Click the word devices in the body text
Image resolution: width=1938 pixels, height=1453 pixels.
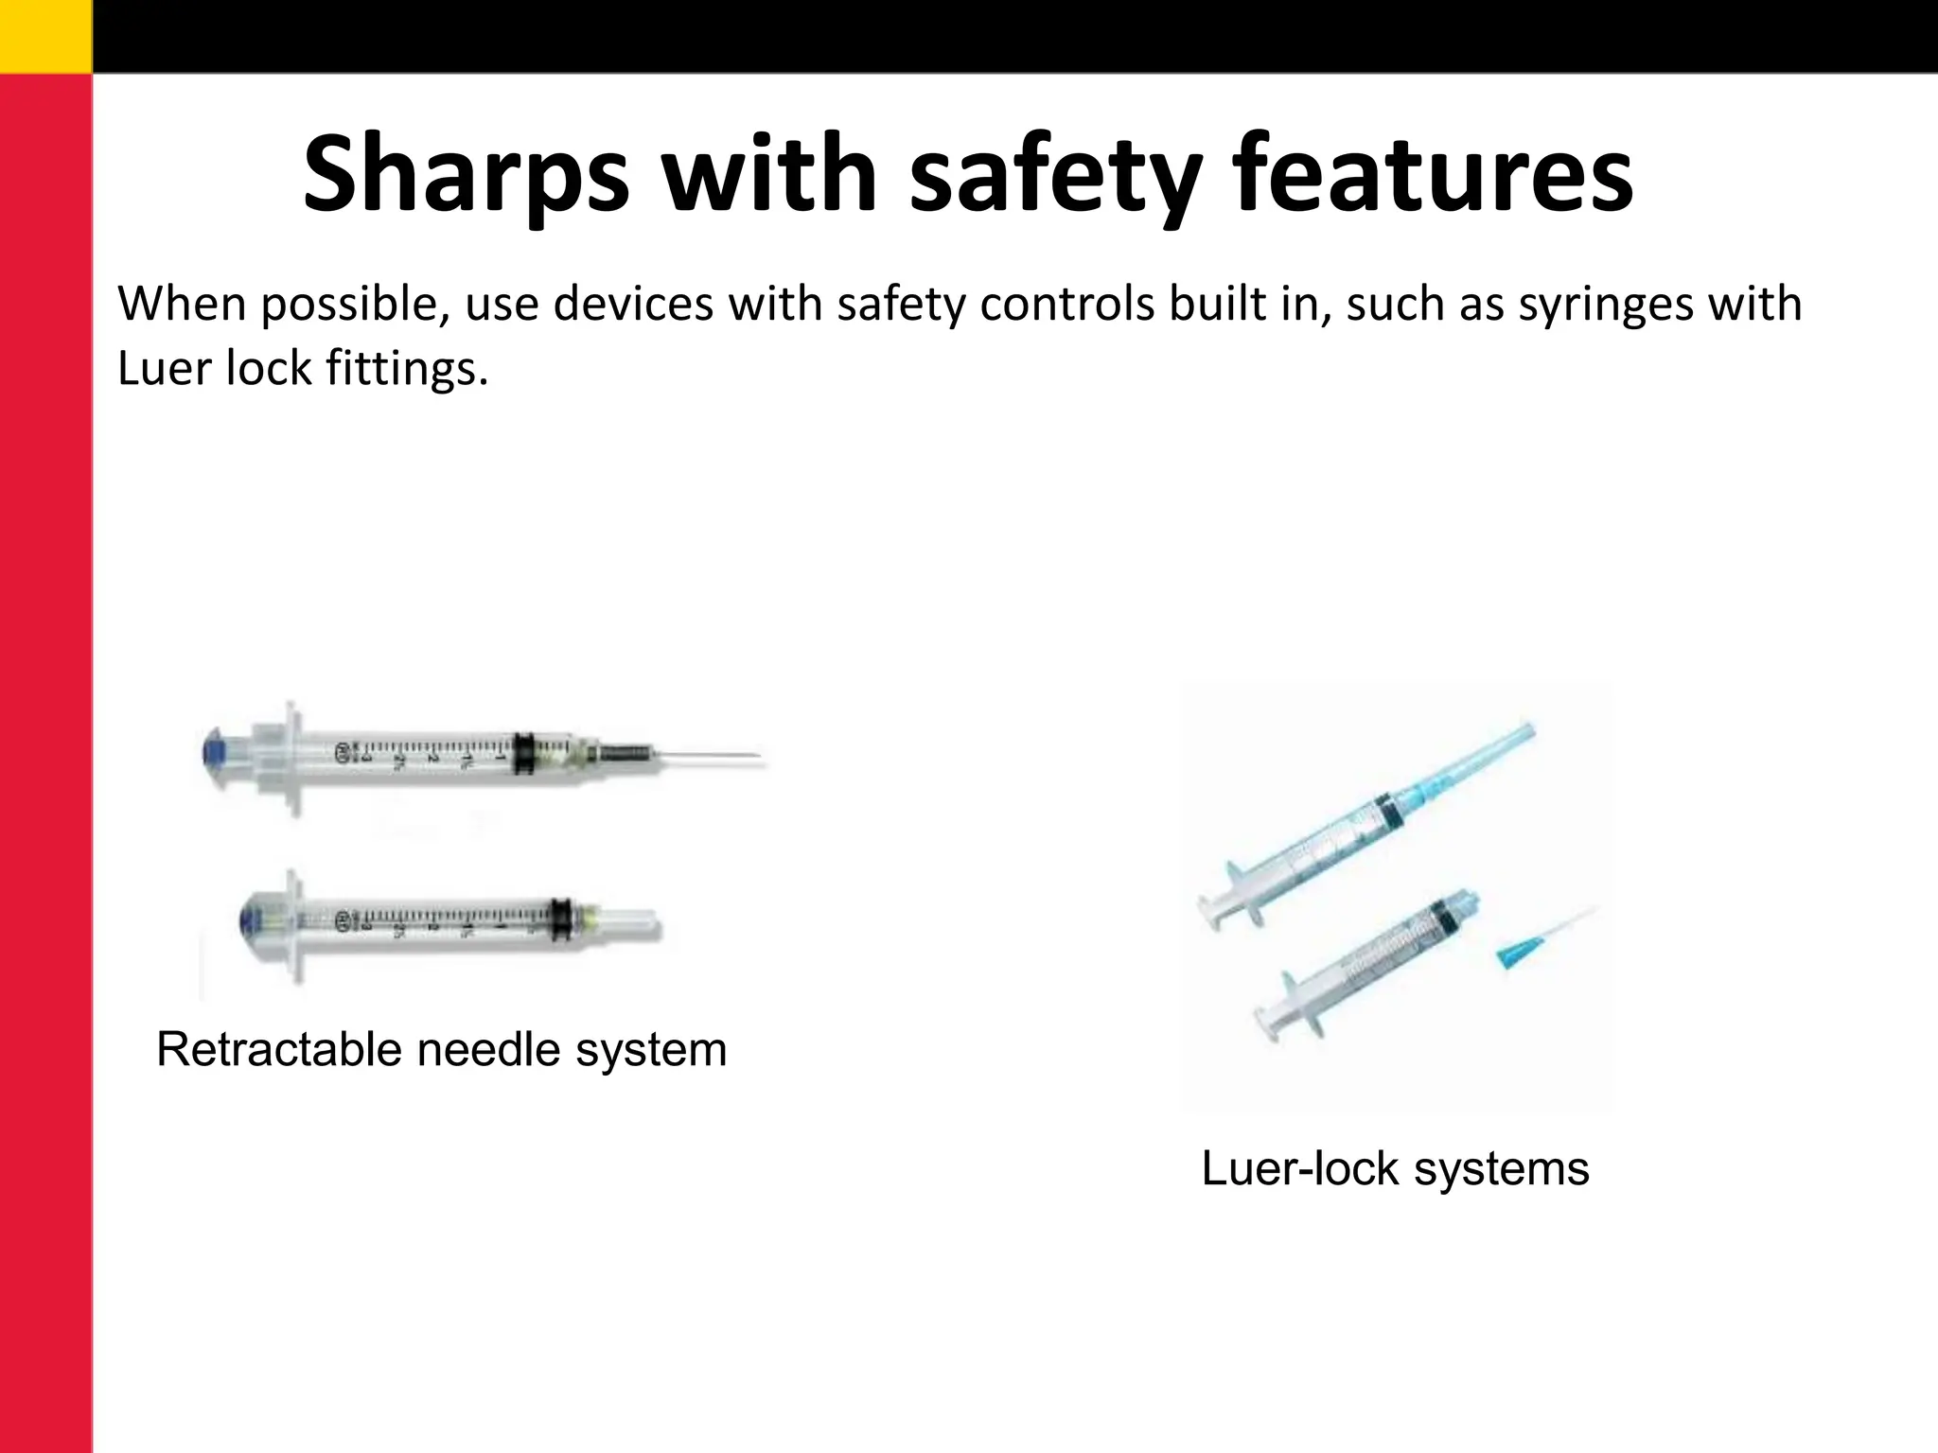[633, 305]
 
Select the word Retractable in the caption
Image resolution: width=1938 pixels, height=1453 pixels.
[279, 1050]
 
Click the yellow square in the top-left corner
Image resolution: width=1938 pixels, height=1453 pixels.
[45, 35]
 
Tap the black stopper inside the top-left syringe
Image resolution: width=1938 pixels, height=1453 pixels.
[522, 754]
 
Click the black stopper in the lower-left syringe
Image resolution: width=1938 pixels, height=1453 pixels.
[561, 919]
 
